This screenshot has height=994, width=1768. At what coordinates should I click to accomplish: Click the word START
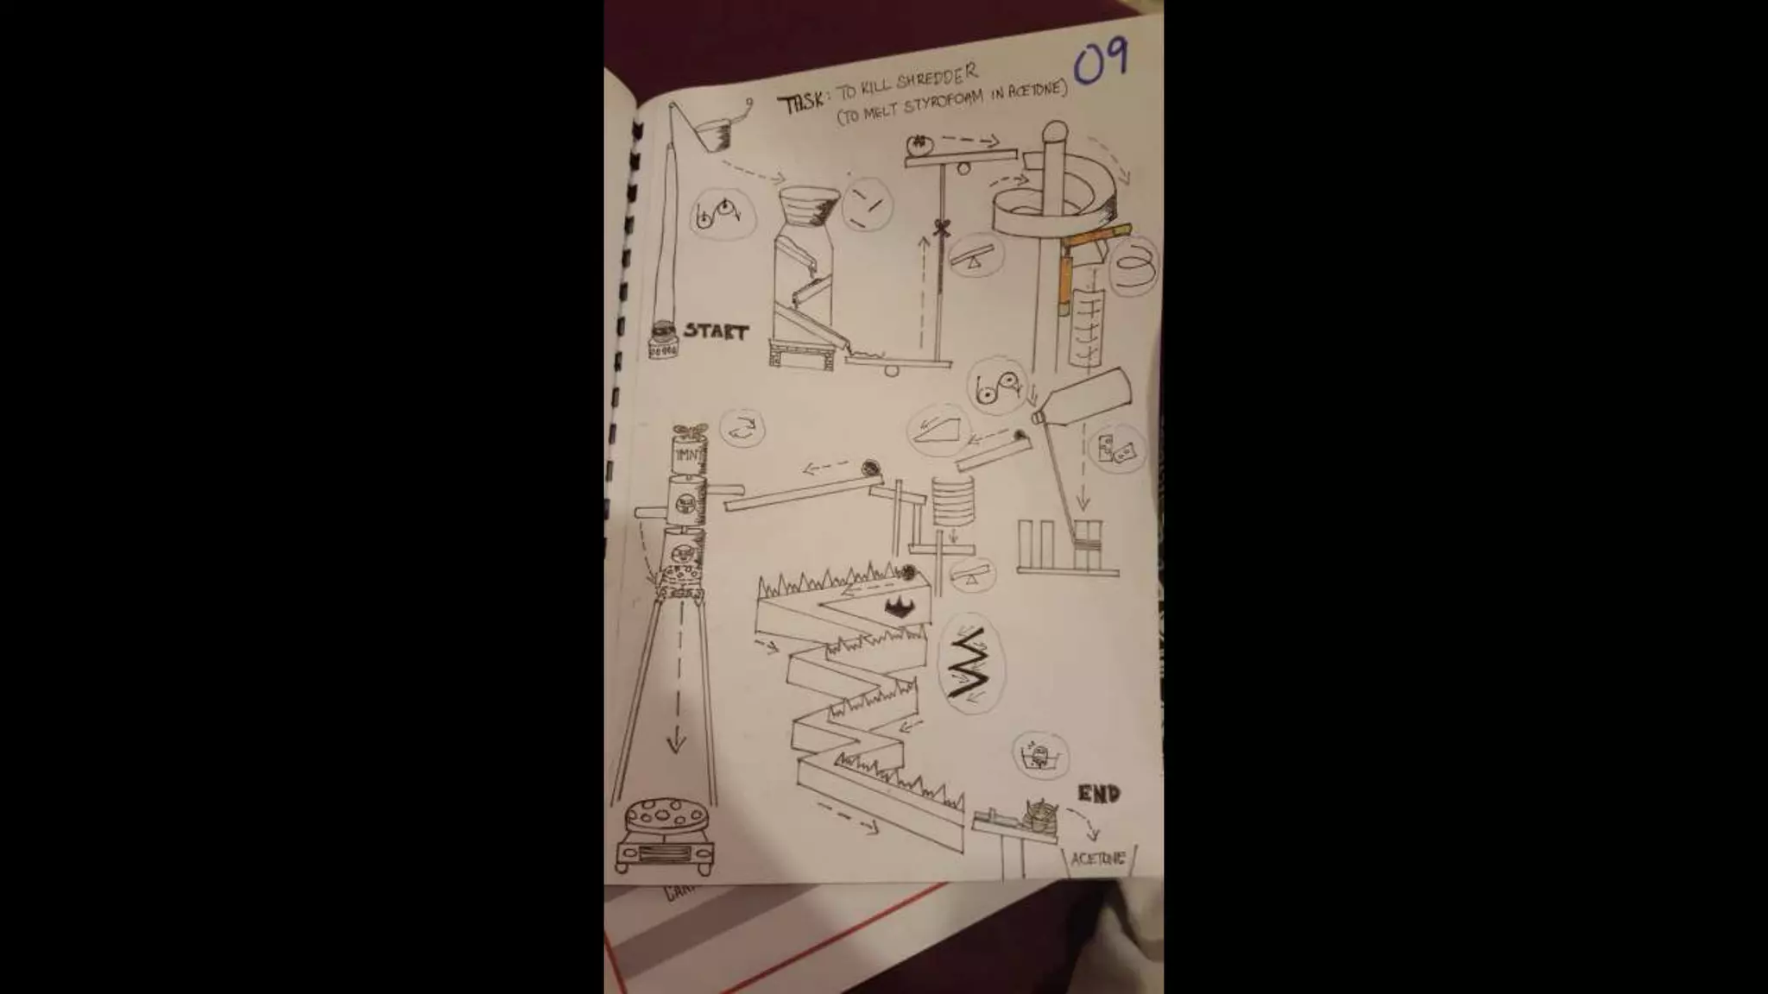click(716, 331)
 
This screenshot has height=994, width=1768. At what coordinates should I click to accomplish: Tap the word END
click(1099, 793)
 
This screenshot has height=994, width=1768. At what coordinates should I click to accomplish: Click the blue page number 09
click(1101, 62)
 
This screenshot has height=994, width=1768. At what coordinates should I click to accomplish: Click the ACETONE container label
click(1098, 859)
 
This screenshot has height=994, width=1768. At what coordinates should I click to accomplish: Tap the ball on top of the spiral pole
click(1055, 132)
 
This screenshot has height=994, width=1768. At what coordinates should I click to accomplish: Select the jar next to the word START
click(663, 341)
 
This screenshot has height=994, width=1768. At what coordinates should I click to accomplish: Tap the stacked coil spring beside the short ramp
click(952, 500)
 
